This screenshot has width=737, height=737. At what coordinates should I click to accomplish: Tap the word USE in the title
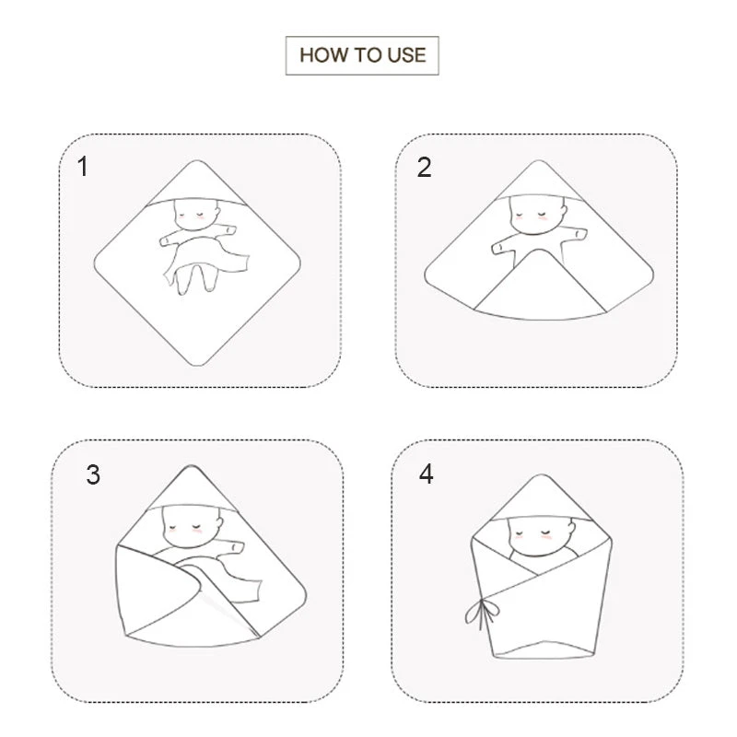406,55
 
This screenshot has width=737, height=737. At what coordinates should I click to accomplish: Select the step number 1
83,167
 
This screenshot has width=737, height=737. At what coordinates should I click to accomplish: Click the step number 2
424,168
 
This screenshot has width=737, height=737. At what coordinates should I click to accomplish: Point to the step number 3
93,474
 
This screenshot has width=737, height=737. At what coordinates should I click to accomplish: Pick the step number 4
426,474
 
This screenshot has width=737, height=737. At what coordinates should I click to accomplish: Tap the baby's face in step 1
196,215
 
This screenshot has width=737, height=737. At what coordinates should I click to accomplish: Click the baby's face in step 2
537,216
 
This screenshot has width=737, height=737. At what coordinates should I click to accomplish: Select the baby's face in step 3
192,527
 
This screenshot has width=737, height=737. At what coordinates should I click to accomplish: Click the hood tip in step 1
196,162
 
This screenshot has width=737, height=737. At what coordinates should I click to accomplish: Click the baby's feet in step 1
190,281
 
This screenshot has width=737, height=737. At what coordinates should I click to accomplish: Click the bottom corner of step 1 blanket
198,364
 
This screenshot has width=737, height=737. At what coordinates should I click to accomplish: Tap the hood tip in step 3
191,467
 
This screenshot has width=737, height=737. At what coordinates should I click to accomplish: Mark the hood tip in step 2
539,162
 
